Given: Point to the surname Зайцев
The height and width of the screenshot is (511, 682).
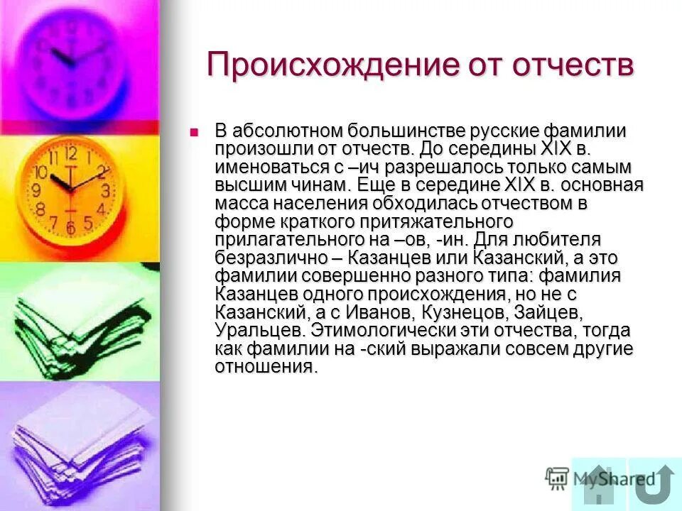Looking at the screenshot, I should coord(549,313).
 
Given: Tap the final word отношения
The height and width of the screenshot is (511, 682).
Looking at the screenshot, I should coord(264,368).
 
